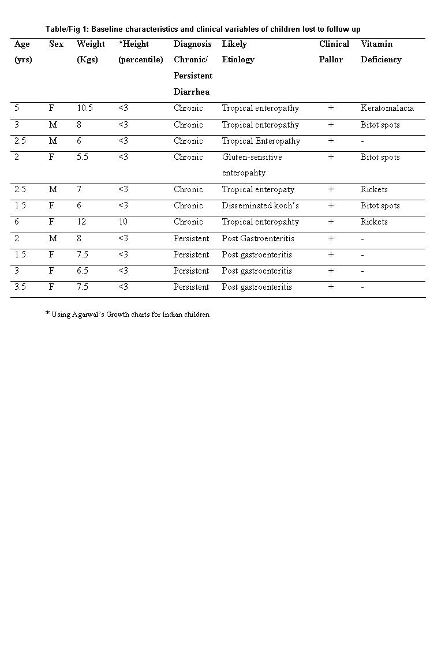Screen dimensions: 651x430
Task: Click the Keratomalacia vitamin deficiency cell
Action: click(x=387, y=108)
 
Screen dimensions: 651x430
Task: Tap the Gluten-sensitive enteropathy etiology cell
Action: click(x=252, y=164)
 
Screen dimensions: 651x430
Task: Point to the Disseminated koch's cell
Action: click(x=260, y=206)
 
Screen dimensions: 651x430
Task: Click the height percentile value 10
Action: click(x=123, y=222)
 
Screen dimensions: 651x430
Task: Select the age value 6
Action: click(x=17, y=222)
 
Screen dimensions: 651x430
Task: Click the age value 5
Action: click(x=17, y=108)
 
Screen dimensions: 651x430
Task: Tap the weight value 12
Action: click(x=81, y=222)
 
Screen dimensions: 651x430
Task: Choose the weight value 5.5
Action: click(x=83, y=157)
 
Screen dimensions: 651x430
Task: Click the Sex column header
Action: click(x=56, y=44)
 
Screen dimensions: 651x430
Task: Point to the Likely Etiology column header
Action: click(x=238, y=51)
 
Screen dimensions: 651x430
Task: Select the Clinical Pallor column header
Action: click(x=334, y=51)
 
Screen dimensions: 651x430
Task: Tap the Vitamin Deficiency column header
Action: click(x=380, y=51)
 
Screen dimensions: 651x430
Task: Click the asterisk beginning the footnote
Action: click(x=47, y=314)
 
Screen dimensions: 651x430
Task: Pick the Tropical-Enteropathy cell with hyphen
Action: click(x=261, y=141)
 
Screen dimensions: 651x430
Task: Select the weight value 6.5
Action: click(x=83, y=271)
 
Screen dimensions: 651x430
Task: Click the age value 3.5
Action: click(x=20, y=287)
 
